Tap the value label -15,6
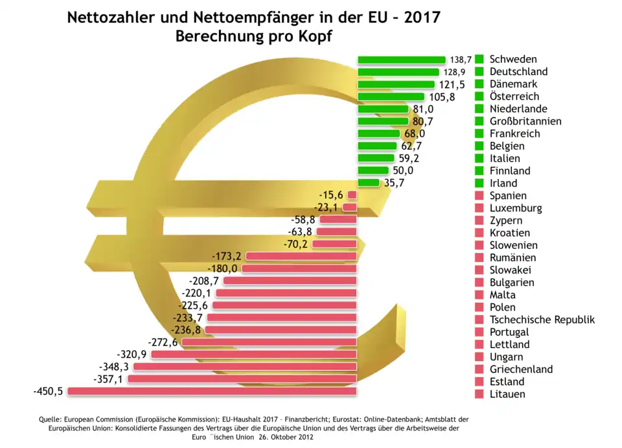tap(332, 195)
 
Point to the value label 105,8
tap(443, 97)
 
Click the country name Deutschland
tap(518, 71)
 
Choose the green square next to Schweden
tap(479, 59)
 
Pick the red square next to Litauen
tap(479, 394)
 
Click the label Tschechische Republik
tap(542, 320)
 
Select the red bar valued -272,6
tap(269, 342)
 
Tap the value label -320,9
tap(132, 354)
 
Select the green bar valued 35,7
tap(368, 183)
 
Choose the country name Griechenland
tap(521, 370)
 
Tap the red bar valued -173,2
tap(301, 255)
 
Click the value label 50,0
tap(403, 171)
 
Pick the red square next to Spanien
tap(479, 195)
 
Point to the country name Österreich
tap(514, 96)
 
